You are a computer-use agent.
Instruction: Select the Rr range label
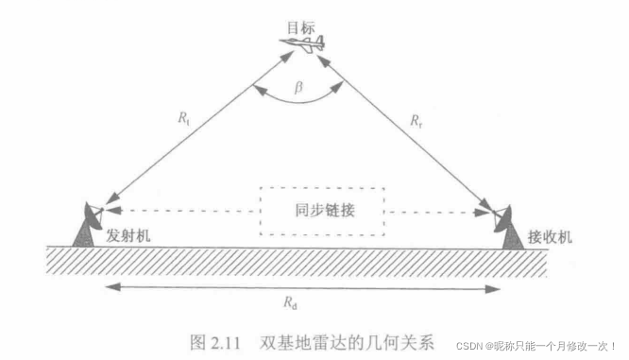[x=416, y=120]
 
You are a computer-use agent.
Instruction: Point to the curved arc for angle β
[x=298, y=100]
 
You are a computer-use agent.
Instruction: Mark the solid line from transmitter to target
[x=198, y=133]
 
